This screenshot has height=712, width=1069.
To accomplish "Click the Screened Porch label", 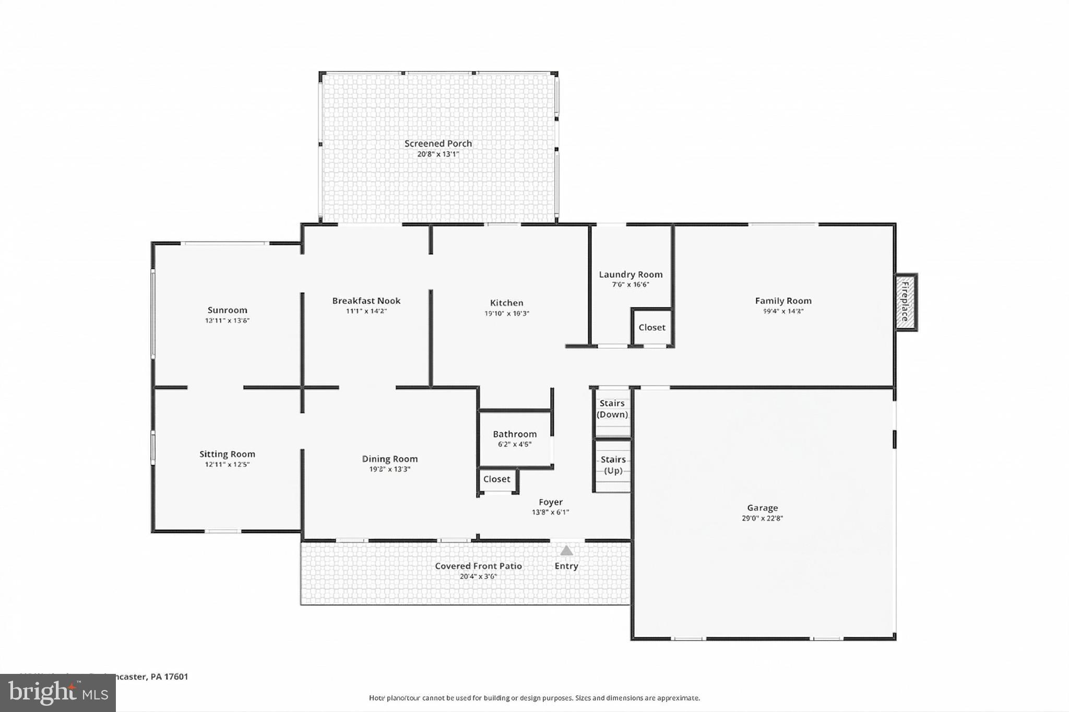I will coord(438,144).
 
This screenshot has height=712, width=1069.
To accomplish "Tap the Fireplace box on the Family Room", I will coord(906,302).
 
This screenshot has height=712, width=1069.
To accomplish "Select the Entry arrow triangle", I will coord(566,551).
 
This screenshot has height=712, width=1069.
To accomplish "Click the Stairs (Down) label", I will coord(612,409).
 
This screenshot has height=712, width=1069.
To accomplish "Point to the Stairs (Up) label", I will coord(613,465).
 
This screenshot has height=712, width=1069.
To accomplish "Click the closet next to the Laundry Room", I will coord(652,327).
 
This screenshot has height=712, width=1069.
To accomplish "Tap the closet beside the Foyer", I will coord(496,479).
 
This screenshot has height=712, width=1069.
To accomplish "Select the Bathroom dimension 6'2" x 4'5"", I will coord(515,444).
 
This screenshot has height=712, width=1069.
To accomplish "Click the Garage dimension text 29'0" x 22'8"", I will coord(762,518).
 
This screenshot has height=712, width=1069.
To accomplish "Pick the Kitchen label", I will coord(506,303).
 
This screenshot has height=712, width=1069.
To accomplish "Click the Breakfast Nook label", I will coord(366,301).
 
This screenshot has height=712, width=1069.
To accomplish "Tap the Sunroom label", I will coord(227,310).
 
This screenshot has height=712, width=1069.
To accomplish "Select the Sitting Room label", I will coord(227,454).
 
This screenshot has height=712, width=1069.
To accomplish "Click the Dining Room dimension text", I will coord(389,469).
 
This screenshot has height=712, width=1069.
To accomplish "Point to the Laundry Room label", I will coord(631,274).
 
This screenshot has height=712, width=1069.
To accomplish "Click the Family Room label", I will coord(783,301).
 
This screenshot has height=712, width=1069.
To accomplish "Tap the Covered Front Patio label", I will coord(478,566).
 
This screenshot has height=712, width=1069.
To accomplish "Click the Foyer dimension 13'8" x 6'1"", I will coord(550,512).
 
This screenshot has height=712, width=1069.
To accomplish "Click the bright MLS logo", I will coord(58,693).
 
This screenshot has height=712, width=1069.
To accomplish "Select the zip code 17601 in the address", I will coord(176,677).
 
